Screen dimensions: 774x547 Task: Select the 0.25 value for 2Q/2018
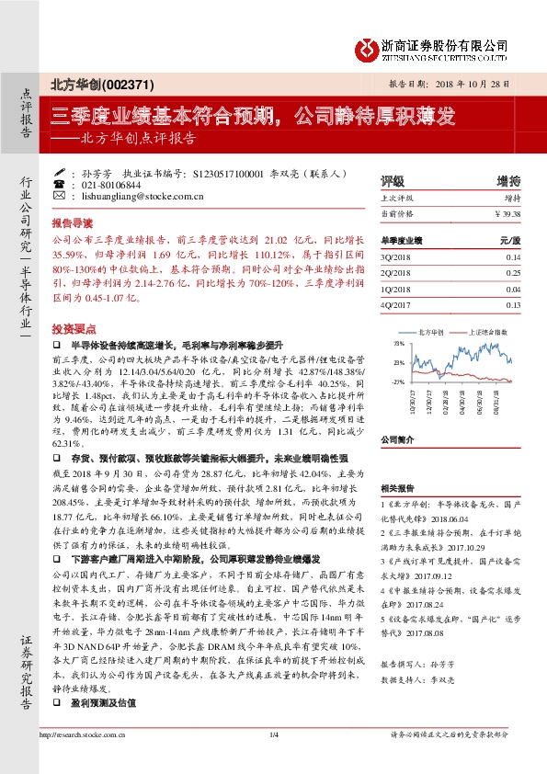pos(512,273)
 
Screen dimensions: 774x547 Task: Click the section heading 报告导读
pos(71,223)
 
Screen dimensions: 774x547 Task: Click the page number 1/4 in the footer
pos(273,759)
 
